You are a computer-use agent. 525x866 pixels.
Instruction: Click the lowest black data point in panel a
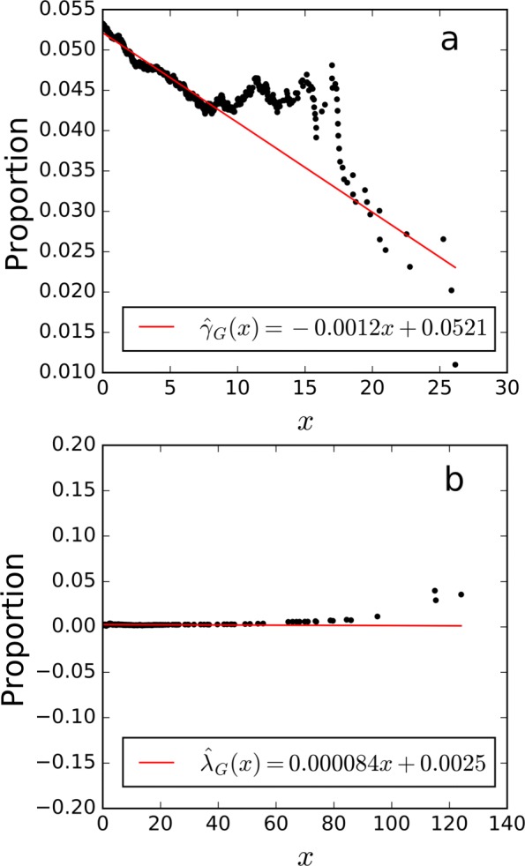pyautogui.click(x=455, y=364)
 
